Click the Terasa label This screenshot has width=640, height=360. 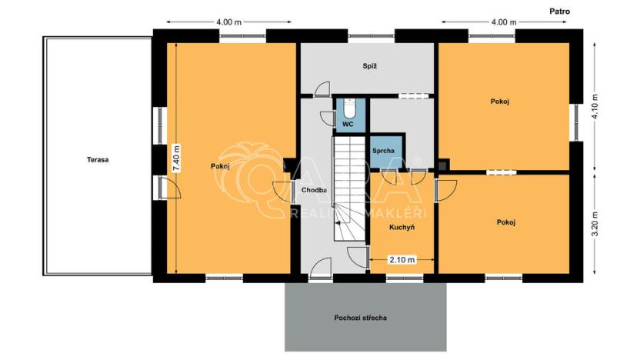[98, 160]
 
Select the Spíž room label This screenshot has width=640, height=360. [369, 66]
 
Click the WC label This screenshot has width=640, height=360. [348, 124]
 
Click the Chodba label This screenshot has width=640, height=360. [314, 190]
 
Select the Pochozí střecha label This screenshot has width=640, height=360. [360, 318]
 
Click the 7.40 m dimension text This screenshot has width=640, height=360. [176, 158]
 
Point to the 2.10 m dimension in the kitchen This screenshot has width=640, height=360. [402, 260]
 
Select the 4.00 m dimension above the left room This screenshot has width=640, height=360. [229, 22]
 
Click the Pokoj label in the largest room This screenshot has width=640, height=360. [221, 165]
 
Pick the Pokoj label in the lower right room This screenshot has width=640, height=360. [505, 222]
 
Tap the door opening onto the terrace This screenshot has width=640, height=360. [165, 187]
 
